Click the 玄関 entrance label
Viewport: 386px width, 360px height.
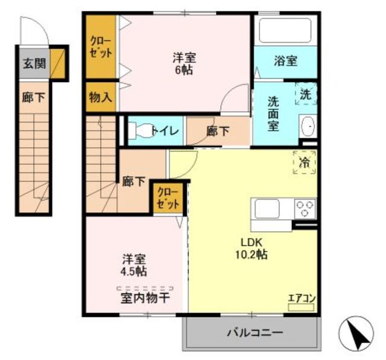coord(34,64)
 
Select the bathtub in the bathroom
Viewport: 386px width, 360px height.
coord(285,31)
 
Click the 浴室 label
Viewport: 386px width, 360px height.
coord(285,61)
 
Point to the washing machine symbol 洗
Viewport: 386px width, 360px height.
coord(306,93)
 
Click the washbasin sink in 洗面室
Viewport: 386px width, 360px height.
coord(308,126)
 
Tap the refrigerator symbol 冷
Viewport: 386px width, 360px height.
coord(305,162)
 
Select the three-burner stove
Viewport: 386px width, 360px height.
coord(305,209)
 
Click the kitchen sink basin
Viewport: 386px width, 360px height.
coord(267,209)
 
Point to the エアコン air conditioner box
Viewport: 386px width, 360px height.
coord(302,308)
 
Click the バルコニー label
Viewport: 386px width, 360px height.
coord(255,333)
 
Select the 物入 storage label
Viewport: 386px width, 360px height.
coord(101,97)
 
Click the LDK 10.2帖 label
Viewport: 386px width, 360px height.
coord(252,248)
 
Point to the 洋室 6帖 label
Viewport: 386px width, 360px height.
coord(184,64)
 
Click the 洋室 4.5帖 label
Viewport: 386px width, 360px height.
coord(134,265)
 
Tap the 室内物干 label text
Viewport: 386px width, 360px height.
coord(145,298)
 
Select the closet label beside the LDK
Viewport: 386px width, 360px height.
coord(168,198)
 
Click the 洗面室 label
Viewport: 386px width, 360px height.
coord(273,114)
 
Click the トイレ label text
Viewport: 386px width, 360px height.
coord(165,131)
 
